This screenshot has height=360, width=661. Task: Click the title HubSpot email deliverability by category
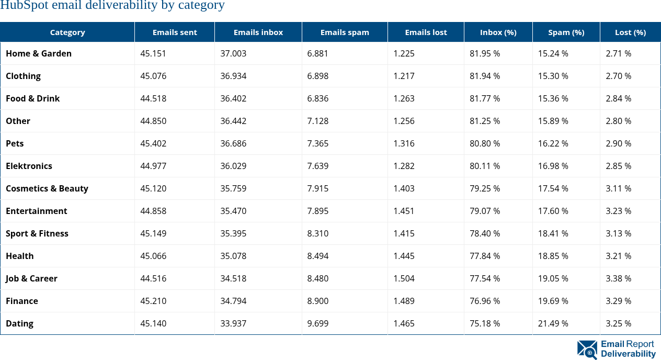pyautogui.click(x=112, y=6)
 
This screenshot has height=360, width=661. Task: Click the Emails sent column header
pyautogui.click(x=175, y=32)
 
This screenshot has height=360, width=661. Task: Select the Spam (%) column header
pyautogui.click(x=566, y=32)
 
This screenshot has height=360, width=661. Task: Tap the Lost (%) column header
pyautogui.click(x=630, y=32)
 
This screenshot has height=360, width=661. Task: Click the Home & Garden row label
pyautogui.click(x=39, y=53)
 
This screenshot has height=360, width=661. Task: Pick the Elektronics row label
pyautogui.click(x=29, y=166)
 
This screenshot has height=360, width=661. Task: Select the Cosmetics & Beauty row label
pyautogui.click(x=47, y=188)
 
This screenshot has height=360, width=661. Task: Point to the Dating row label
pyautogui.click(x=19, y=323)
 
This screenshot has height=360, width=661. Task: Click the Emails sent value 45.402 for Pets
pyautogui.click(x=153, y=143)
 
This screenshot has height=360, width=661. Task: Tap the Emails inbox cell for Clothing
pyautogui.click(x=233, y=76)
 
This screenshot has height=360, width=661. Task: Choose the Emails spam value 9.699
pyautogui.click(x=318, y=323)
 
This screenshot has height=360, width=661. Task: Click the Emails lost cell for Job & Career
pyautogui.click(x=404, y=278)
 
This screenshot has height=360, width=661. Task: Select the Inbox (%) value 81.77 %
pyautogui.click(x=485, y=98)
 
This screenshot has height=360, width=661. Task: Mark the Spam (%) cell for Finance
pyautogui.click(x=553, y=301)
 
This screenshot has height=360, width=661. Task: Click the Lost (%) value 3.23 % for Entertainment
pyautogui.click(x=618, y=211)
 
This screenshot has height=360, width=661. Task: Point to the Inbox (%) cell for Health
pyautogui.click(x=485, y=256)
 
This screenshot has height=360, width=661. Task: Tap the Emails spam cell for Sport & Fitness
pyautogui.click(x=318, y=233)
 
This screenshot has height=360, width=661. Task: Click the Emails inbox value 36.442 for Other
pyautogui.click(x=233, y=121)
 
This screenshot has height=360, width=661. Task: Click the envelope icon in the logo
pyautogui.click(x=587, y=350)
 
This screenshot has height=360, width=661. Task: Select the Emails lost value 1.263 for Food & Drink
pyautogui.click(x=404, y=98)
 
